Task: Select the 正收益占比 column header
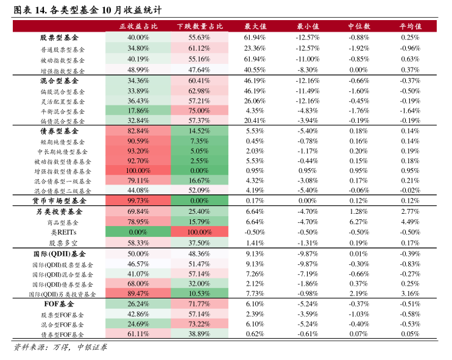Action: click(138, 26)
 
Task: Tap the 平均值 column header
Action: click(411, 26)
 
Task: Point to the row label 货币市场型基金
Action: click(59, 200)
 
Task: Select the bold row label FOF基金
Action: click(59, 303)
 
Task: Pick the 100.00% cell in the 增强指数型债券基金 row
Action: click(138, 171)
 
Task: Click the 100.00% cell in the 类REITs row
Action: click(199, 232)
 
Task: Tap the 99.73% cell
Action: click(138, 200)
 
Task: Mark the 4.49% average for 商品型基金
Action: click(411, 222)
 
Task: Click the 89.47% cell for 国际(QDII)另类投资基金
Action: click(138, 294)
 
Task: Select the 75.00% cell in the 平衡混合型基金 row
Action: click(199, 110)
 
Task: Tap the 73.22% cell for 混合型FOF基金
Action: click(199, 323)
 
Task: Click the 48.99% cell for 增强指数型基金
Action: click(138, 70)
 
